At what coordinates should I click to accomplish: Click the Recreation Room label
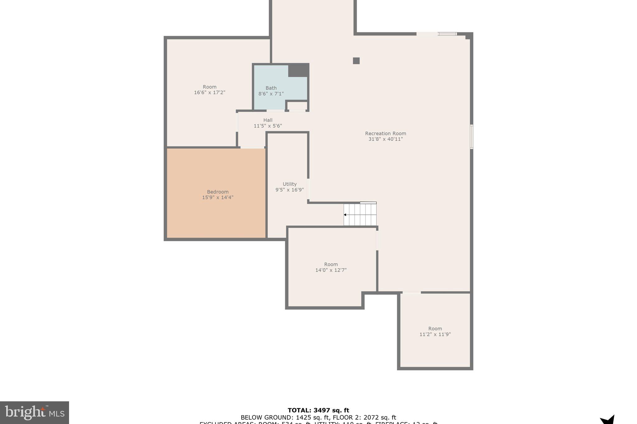385,134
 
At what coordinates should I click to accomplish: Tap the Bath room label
271,88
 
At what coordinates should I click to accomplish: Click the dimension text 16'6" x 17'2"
209,93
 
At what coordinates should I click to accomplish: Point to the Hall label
268,120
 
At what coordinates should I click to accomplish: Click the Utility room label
290,184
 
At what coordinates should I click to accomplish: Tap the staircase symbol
360,214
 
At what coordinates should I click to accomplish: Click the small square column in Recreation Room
356,61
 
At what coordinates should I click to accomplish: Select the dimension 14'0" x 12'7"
331,270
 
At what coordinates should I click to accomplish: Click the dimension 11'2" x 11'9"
435,334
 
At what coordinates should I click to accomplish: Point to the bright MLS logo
34,413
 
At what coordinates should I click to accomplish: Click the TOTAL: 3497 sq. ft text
318,410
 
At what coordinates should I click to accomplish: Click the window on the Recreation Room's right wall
472,137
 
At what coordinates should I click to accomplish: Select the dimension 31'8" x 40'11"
385,139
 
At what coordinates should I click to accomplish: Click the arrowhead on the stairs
345,215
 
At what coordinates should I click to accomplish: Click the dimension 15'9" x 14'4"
217,198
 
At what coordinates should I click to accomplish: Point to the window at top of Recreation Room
448,34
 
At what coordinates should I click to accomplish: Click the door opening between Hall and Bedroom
252,147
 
